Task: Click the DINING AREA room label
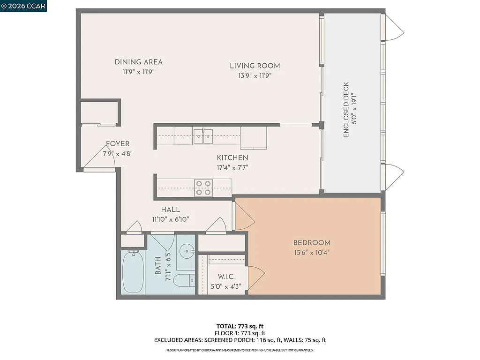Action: pos(138,62)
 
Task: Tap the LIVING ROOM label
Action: pos(255,66)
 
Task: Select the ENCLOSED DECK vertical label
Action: pos(346,110)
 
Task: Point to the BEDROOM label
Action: pos(312,243)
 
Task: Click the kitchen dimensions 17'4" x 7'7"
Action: pos(232,166)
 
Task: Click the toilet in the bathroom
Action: pos(183,281)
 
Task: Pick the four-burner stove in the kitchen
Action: pos(203,187)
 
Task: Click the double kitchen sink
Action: pos(203,136)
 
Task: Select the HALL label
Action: pos(170,210)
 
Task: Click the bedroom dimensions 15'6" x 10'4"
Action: pos(312,252)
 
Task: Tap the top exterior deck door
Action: pos(393,27)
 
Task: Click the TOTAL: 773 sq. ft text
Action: pos(240,326)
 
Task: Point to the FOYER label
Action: pos(118,144)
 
